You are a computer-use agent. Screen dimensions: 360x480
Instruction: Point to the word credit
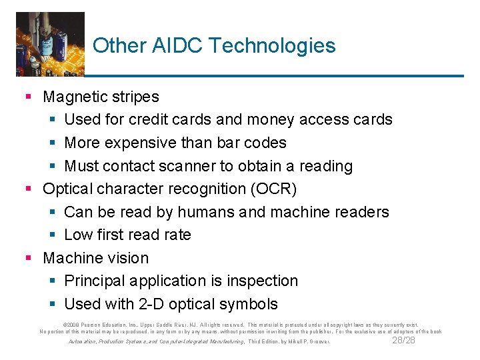click(162, 120)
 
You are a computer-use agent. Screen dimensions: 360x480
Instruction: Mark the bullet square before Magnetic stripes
click(28, 97)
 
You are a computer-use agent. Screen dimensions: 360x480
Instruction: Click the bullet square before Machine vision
click(28, 258)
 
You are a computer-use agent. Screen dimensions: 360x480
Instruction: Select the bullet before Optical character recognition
click(28, 189)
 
